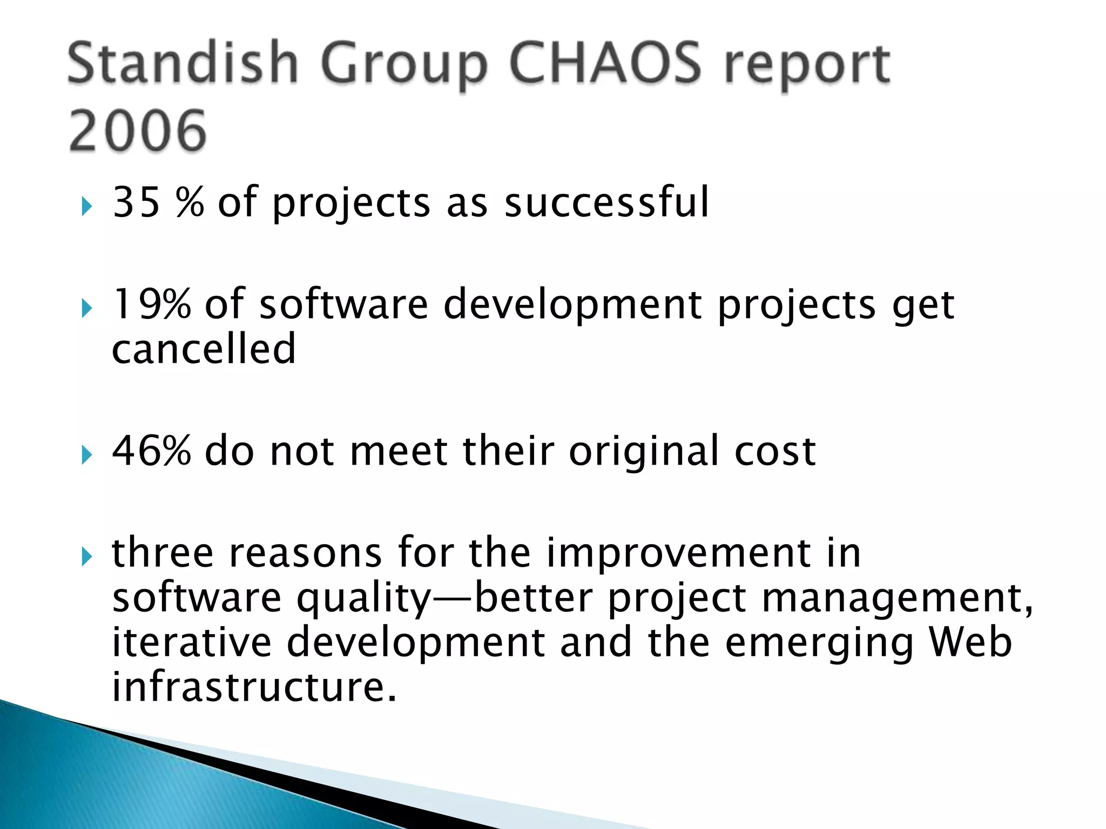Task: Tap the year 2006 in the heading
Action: tap(138, 131)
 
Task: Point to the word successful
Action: tap(606, 202)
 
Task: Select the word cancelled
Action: tap(204, 349)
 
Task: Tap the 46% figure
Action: tap(151, 451)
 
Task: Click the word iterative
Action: tap(192, 642)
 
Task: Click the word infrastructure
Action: tap(254, 687)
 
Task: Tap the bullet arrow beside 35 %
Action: tap(87, 206)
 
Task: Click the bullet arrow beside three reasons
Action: tap(87, 556)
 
